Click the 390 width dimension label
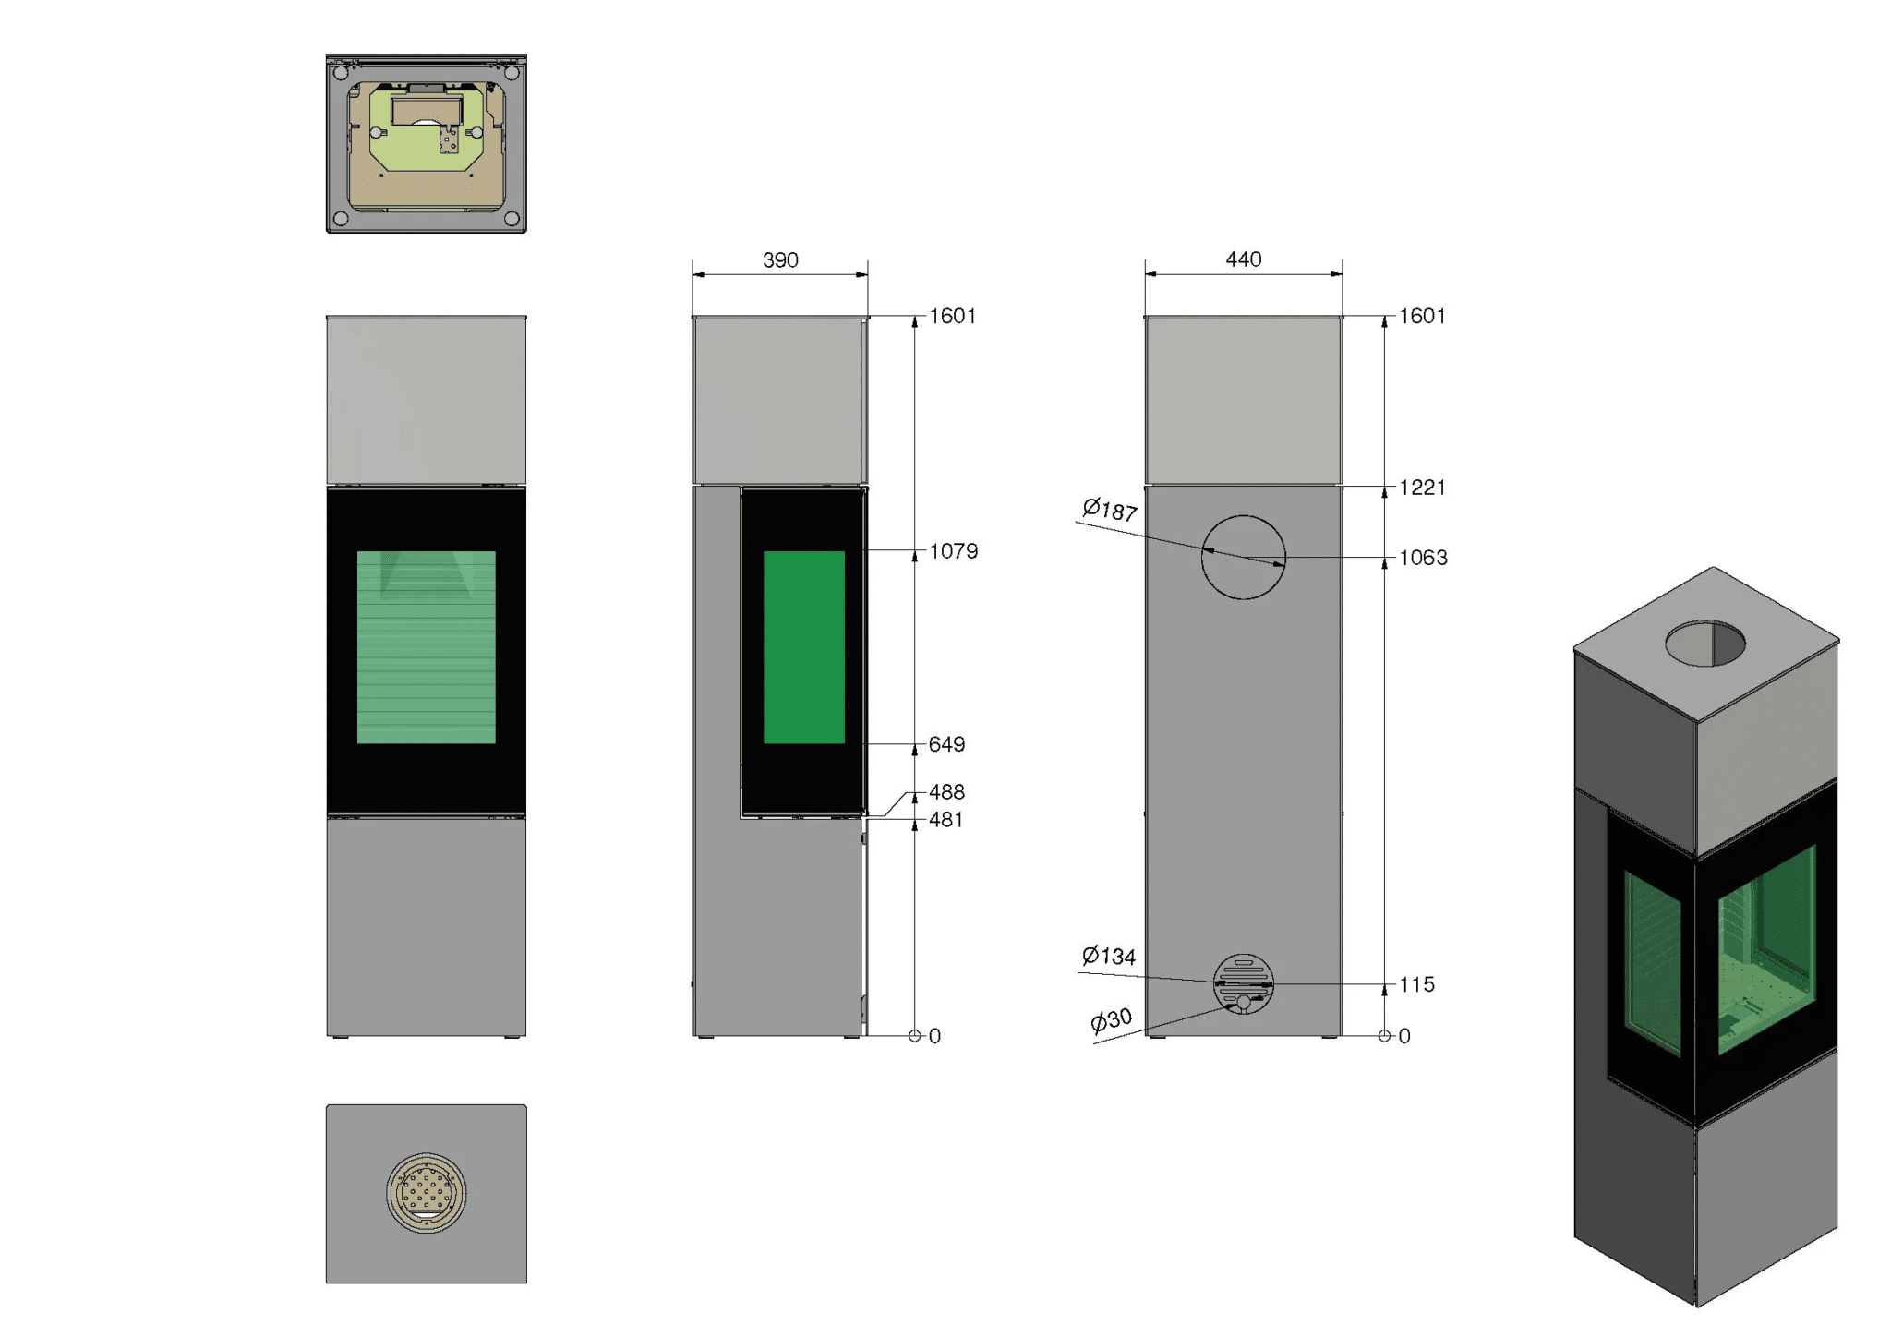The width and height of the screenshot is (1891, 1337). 780,260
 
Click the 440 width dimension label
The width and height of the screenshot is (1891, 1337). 1244,259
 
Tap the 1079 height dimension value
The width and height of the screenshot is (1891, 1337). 954,551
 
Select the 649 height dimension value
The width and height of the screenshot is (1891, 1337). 947,744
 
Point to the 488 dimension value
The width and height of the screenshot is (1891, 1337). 947,792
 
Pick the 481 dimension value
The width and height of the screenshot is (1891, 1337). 946,820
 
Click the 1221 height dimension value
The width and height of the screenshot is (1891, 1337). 1423,488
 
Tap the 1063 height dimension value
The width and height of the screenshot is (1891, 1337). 1424,558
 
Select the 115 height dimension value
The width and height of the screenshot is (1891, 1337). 1417,985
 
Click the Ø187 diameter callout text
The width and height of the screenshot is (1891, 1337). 1110,510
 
